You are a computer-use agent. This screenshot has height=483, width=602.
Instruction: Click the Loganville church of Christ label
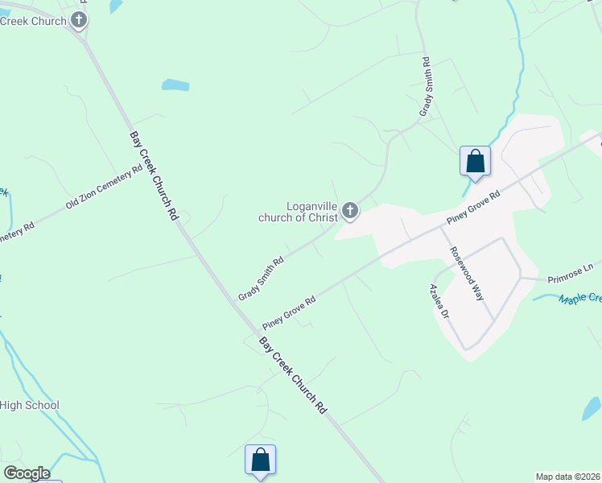pos(298,212)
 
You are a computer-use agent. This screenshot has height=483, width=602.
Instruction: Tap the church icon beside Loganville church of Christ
pos(349,211)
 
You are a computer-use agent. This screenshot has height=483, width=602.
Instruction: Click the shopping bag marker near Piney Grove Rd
pos(475,161)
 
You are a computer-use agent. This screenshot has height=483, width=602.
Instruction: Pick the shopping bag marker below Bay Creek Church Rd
pos(260,461)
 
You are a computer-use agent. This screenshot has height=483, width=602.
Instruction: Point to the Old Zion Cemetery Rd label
pos(105,186)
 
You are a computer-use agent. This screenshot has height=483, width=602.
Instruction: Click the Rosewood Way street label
pos(467,273)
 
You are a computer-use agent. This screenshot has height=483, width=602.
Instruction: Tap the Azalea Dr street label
pos(439,301)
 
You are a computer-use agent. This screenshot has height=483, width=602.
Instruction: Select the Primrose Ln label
pos(570,273)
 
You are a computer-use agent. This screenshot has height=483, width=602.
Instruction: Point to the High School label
pos(30,406)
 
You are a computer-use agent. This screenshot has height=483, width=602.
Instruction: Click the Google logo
pos(26,473)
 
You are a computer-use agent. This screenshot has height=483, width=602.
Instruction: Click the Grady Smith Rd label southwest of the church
pos(261,279)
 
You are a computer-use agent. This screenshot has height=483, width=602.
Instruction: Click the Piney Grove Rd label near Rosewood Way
pos(474,208)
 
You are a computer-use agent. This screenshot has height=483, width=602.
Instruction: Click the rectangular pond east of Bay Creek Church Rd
pos(175,85)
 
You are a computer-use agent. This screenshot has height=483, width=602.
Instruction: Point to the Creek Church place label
pos(34,21)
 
